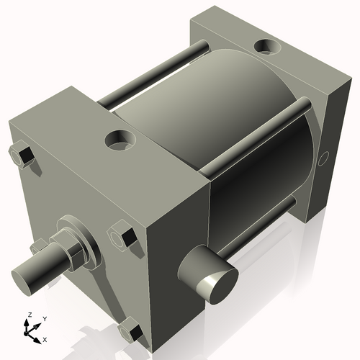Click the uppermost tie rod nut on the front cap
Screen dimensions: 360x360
(21, 156)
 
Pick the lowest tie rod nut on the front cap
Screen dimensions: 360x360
(130, 332)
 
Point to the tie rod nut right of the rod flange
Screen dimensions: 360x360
(121, 238)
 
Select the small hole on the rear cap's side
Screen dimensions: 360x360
(325, 156)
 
